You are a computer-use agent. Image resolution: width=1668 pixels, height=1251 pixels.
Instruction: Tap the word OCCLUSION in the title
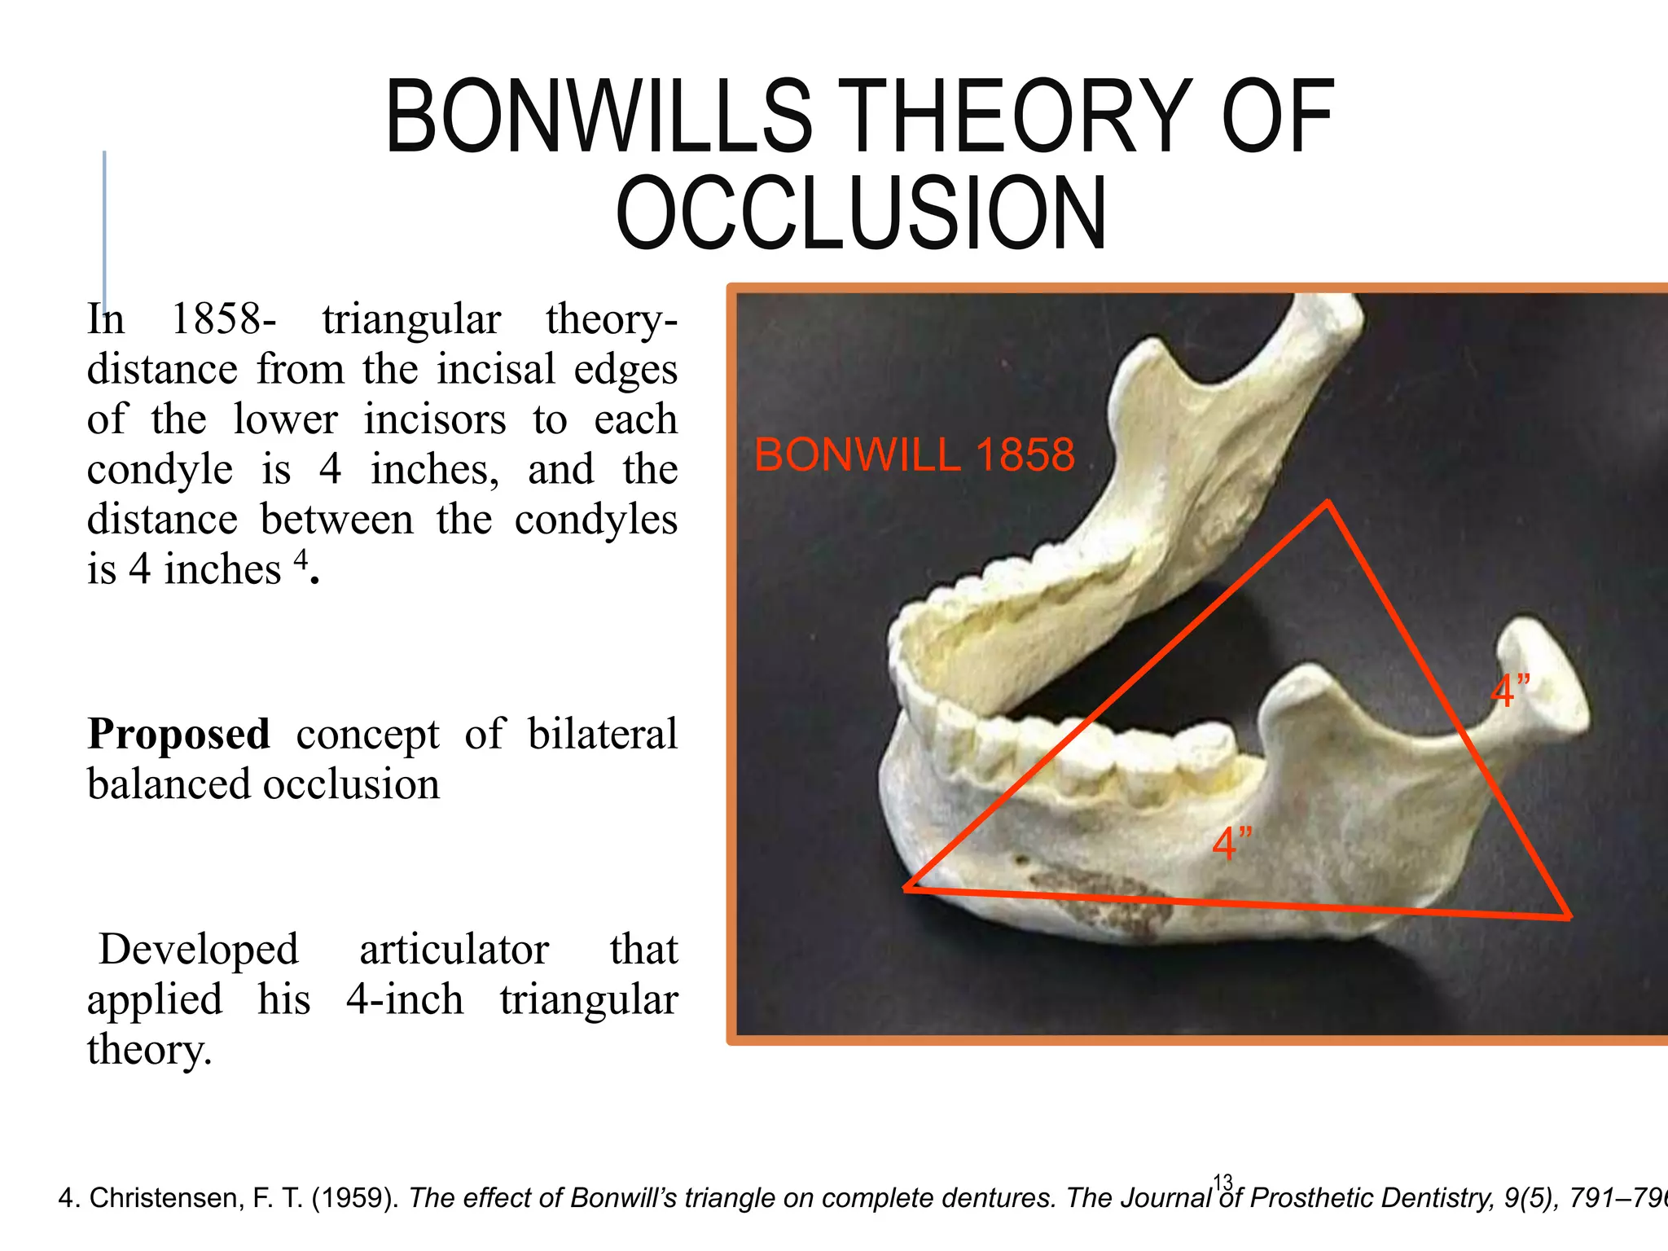click(861, 213)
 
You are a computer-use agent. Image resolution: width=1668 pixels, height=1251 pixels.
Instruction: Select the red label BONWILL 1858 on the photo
click(914, 454)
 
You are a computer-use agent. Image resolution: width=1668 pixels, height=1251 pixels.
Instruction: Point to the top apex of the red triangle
click(1328, 502)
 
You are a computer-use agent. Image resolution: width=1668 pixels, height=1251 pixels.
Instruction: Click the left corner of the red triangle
click(906, 889)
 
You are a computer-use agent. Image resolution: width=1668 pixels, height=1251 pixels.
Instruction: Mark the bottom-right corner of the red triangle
click(1569, 918)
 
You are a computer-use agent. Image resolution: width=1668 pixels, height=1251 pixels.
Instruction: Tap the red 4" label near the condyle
click(1510, 691)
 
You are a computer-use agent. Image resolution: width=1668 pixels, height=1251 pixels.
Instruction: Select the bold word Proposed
click(178, 734)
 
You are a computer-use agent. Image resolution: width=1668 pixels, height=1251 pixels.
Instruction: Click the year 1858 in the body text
click(218, 318)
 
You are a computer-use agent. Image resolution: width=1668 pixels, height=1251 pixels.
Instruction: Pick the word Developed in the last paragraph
click(199, 950)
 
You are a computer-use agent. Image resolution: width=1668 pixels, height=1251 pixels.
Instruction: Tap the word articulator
click(454, 950)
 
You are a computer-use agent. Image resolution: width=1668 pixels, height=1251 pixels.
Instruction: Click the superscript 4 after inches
click(301, 559)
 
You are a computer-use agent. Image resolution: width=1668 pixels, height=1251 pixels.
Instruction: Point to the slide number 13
click(1222, 1182)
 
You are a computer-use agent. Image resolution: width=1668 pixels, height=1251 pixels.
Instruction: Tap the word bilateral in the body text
click(603, 734)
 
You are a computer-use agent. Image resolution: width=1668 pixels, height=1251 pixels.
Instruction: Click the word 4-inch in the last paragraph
click(405, 999)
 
